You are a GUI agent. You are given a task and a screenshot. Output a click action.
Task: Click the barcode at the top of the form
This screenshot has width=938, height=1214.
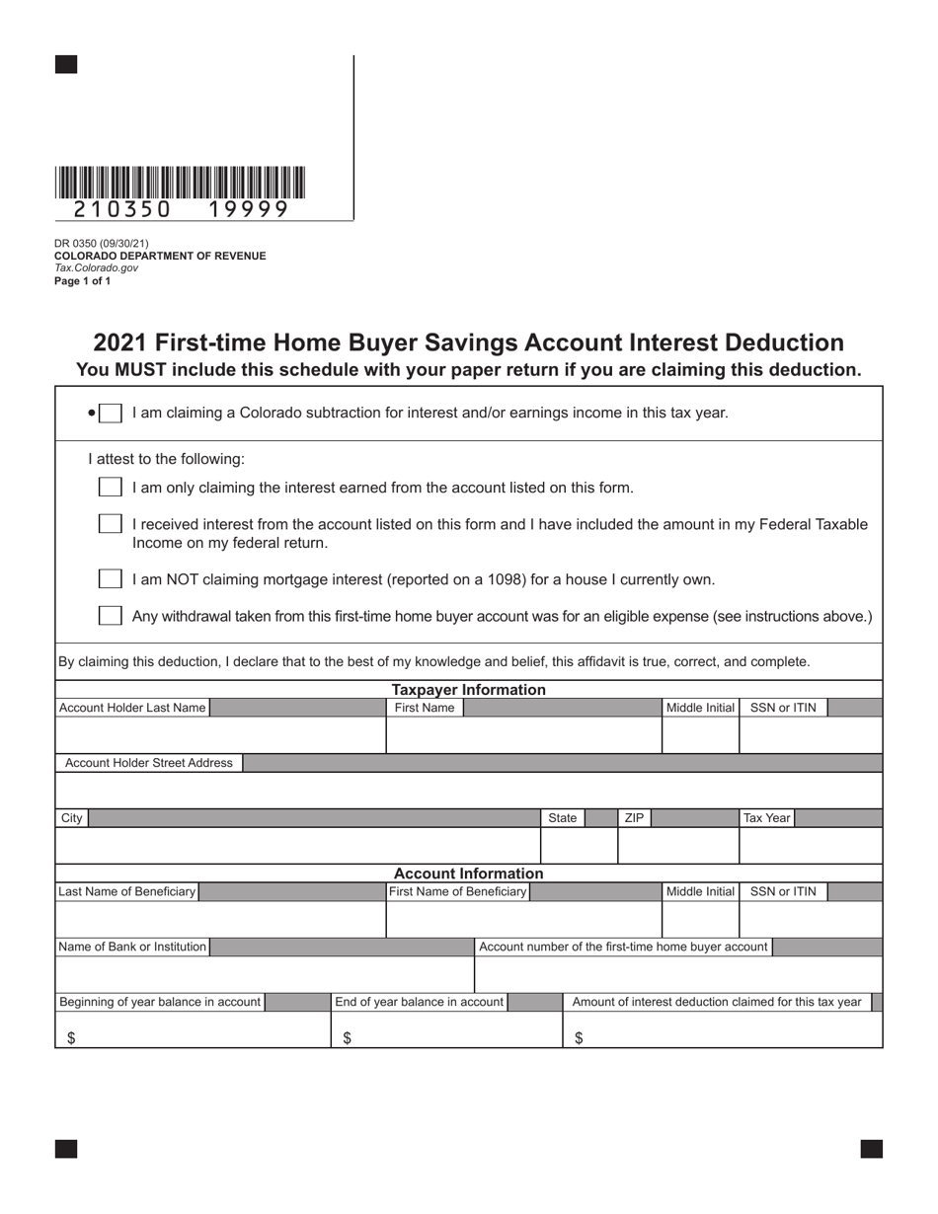pos(180,184)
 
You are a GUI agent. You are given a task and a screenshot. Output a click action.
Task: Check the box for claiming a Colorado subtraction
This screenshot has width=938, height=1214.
pos(111,413)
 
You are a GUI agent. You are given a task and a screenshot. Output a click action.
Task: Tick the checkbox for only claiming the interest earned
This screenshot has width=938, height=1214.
pos(111,488)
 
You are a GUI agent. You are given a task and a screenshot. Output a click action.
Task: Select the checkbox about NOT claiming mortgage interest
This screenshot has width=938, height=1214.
pos(111,579)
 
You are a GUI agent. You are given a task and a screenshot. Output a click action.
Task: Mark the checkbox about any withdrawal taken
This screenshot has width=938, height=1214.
pos(111,616)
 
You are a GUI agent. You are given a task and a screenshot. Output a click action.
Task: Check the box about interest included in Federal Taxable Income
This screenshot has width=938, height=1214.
pos(111,524)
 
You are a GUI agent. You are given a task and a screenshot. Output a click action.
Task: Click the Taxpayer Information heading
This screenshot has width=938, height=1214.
pos(468,690)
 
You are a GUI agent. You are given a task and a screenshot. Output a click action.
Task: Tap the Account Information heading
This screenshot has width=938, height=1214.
pos(468,873)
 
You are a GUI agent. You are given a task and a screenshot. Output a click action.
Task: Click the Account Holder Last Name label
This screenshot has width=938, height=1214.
pos(132,708)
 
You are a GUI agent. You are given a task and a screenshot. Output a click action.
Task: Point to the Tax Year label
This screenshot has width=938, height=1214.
pos(766,818)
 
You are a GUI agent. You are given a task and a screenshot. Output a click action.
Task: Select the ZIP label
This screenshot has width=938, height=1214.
pos(634,818)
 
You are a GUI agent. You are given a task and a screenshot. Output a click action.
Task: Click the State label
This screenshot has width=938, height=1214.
pos(562,818)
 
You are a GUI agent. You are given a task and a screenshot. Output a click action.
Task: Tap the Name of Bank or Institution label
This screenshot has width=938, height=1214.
pos(132,948)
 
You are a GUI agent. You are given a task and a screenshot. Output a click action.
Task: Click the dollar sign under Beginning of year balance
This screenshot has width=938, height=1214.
pos(71,1038)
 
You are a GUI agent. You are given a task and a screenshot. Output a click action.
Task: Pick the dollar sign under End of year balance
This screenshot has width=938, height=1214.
pos(347,1038)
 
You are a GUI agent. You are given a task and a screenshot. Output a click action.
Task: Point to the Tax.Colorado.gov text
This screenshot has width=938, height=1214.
pos(96,268)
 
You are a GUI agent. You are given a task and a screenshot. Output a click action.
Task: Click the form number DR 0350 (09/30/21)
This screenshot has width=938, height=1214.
pos(102,244)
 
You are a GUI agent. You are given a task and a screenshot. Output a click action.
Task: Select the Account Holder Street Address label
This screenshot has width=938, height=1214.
pos(148,763)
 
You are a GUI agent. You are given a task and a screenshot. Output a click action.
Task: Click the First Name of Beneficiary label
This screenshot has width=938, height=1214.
pos(458,892)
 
